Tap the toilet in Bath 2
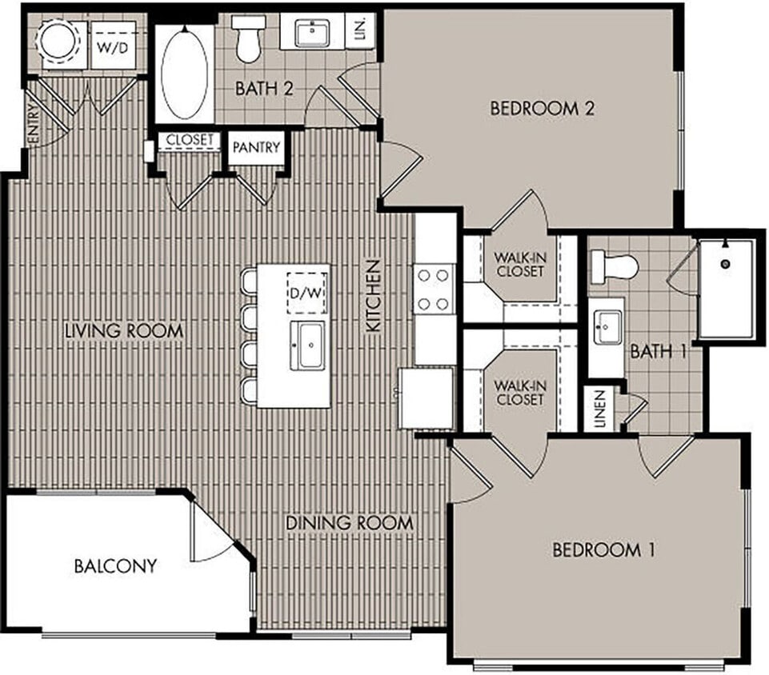coord(249,38)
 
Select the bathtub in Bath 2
coord(184,74)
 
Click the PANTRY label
coord(256,148)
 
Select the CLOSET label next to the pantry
coord(190,140)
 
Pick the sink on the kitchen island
coord(307,345)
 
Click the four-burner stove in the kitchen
coord(433,289)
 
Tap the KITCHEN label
coord(373,296)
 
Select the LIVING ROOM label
coord(124,330)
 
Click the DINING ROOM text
coord(350,523)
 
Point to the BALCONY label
coord(115,566)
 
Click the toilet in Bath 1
coord(612,265)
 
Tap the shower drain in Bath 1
coord(726,263)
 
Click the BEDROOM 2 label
coord(542,109)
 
